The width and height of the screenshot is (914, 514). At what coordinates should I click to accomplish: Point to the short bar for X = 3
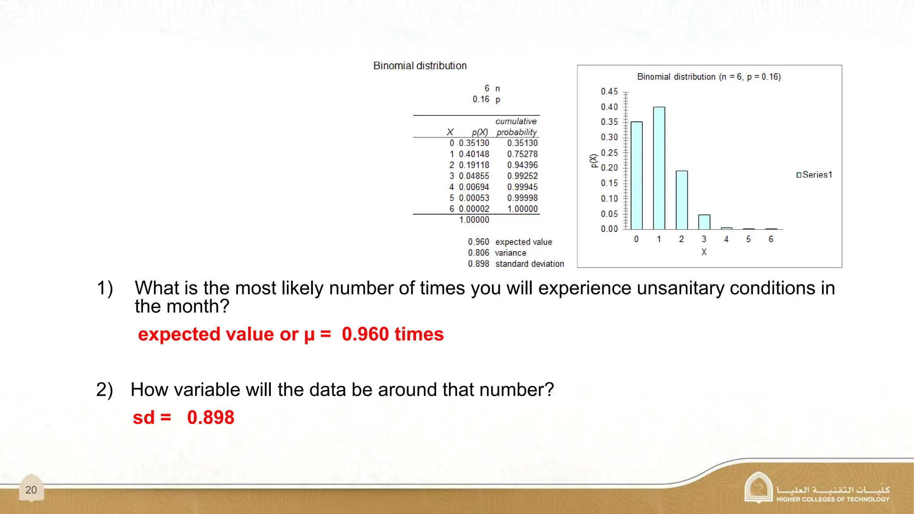704,222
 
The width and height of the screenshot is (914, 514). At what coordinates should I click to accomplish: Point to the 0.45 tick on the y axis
609,91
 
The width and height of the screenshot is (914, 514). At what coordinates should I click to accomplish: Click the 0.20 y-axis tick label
609,168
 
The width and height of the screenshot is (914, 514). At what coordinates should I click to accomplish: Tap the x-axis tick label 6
771,239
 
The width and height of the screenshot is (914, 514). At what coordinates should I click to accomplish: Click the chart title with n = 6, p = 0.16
709,77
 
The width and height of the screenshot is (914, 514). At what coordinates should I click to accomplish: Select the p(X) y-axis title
593,161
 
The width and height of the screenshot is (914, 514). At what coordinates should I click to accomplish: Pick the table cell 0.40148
474,154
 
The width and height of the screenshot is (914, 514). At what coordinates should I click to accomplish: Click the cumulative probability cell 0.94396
522,165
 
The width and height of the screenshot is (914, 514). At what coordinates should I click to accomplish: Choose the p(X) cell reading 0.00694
474,187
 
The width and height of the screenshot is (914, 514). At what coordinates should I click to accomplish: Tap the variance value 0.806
478,253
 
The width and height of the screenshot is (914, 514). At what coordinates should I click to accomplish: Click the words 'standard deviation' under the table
529,264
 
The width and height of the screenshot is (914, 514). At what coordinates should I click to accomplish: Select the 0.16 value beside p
481,99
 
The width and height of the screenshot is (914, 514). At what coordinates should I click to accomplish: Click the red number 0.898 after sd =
211,418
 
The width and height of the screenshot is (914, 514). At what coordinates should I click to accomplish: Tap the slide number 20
31,490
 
